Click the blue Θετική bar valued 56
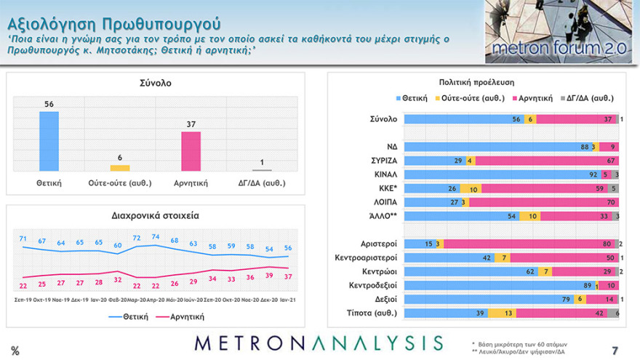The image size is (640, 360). click(x=49, y=141)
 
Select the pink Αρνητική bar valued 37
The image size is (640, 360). click(x=191, y=151)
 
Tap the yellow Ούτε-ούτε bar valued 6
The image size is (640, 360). click(x=120, y=168)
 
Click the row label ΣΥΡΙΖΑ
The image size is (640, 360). click(x=383, y=161)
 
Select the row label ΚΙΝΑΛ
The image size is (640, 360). click(x=385, y=175)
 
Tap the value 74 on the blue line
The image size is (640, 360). click(x=154, y=237)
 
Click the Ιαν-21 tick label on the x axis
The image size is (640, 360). click(x=287, y=300)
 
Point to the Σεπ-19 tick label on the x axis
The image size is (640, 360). click(x=23, y=300)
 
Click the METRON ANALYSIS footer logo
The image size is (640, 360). click(x=319, y=343)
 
